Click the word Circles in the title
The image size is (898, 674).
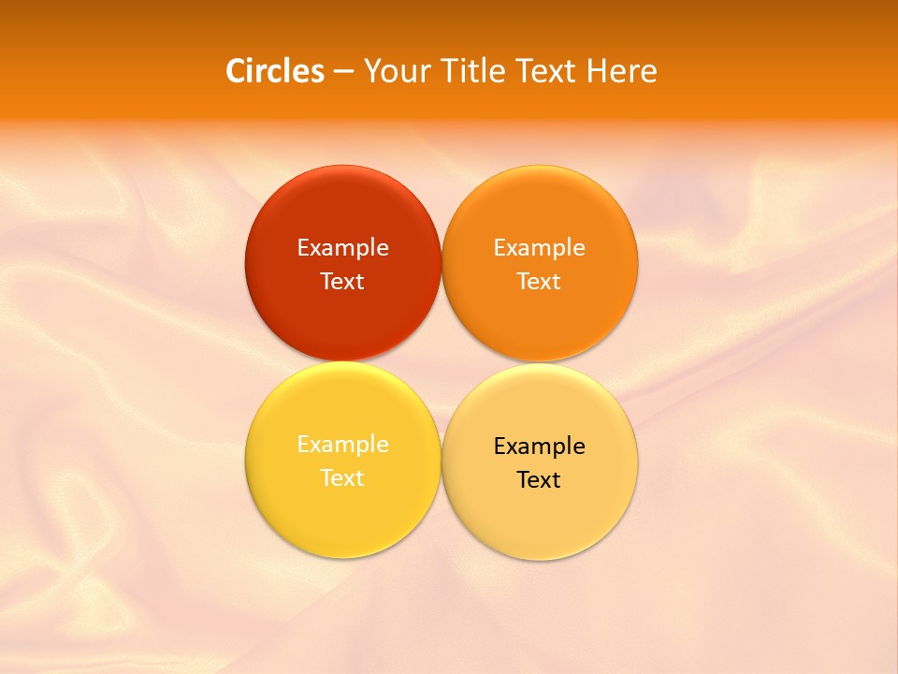tap(274, 71)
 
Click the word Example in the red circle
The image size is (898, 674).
tap(342, 248)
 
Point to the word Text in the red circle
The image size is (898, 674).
tap(342, 282)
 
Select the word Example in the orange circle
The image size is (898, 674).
tap(539, 248)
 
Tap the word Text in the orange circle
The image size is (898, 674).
tap(539, 282)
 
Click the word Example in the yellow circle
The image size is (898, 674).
tap(342, 445)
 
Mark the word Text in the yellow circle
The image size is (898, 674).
tap(342, 478)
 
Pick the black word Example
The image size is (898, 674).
tap(539, 447)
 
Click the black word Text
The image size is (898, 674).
tap(539, 480)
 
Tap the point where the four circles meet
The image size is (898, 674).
tap(442, 362)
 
